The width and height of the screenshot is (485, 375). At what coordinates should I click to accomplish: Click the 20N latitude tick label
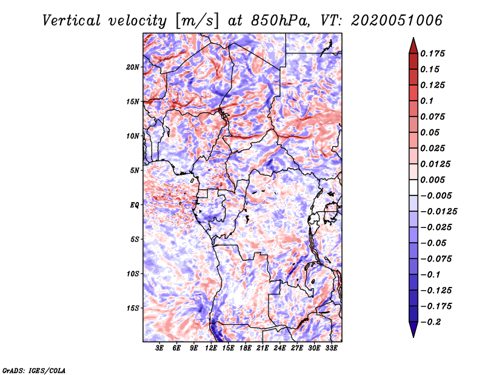[x=133, y=67]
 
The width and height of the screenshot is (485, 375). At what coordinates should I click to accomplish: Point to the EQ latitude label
[x=135, y=205]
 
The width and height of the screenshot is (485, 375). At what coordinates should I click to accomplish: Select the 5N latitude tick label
[x=135, y=171]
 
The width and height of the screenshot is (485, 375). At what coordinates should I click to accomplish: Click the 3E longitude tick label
[x=159, y=348]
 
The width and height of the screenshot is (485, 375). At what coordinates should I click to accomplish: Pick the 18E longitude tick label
[x=246, y=348]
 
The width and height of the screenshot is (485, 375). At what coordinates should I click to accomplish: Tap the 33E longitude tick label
[x=331, y=348]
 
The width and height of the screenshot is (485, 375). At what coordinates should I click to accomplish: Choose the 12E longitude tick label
[x=211, y=348]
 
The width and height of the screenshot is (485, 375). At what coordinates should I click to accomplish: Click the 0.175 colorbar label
[x=433, y=53]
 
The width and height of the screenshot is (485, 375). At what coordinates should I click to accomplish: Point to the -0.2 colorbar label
[x=430, y=322]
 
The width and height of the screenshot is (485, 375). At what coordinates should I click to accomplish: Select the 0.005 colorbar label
[x=433, y=180]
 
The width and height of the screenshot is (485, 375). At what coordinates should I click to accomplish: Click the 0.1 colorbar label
[x=427, y=101]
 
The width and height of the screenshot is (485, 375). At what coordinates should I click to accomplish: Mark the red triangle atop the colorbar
[x=413, y=46]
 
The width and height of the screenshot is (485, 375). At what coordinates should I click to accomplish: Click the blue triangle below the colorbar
[x=413, y=329]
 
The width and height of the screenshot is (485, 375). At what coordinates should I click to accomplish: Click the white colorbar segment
[x=413, y=187]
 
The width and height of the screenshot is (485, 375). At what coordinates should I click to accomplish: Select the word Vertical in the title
[x=72, y=21]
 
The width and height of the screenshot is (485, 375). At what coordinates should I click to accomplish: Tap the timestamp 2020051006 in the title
[x=397, y=21]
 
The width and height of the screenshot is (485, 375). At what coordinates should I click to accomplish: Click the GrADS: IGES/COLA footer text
[x=34, y=370]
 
